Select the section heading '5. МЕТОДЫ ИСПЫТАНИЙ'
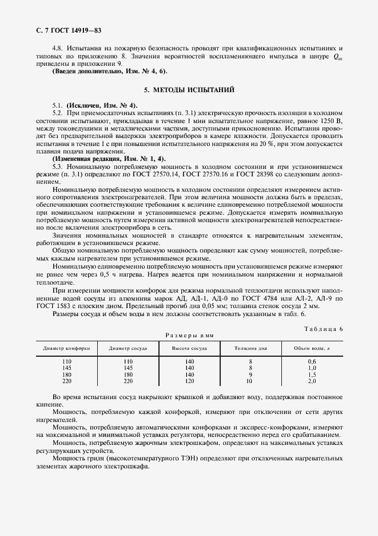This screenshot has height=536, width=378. click(x=189, y=90)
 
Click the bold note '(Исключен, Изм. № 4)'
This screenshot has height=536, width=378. click(x=102, y=106)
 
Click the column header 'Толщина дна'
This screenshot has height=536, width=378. click(x=250, y=348)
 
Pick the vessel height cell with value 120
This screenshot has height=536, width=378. click(x=189, y=381)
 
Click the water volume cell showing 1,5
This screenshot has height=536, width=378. click(x=312, y=374)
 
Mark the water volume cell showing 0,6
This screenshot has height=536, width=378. click(x=312, y=361)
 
